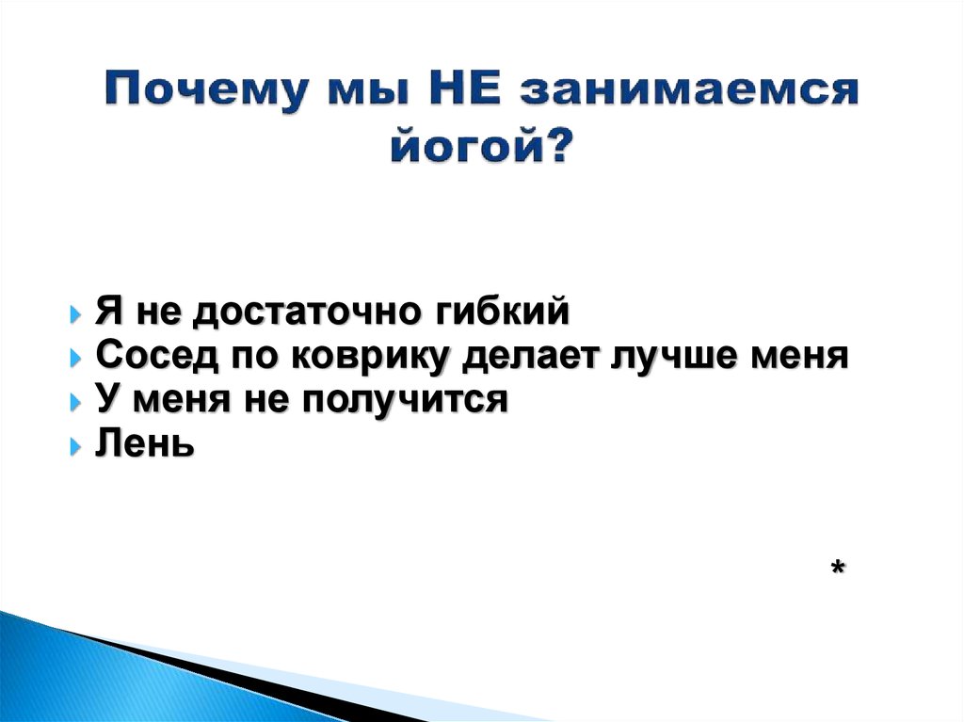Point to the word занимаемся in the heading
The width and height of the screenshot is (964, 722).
[x=688, y=93]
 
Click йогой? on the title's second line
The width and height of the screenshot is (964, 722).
[x=481, y=147]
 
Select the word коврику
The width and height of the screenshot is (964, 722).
[x=373, y=356]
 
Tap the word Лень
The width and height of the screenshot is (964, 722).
[x=145, y=442]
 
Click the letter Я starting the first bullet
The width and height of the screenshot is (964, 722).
[x=105, y=312]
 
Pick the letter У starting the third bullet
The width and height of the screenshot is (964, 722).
[x=105, y=399]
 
